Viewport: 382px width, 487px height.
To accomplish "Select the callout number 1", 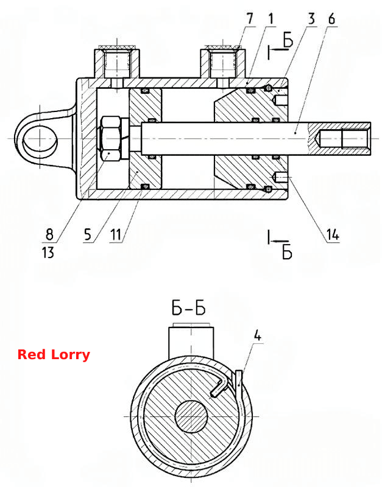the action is pyautogui.click(x=271, y=19).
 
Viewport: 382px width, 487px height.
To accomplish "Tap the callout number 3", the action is pyautogui.click(x=311, y=19).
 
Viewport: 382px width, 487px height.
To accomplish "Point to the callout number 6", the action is pyautogui.click(x=331, y=19).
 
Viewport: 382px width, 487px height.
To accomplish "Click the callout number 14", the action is pyautogui.click(x=332, y=235).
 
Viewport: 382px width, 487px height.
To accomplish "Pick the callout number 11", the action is pyautogui.click(x=116, y=235).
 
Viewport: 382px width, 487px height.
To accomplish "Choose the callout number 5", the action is pyautogui.click(x=88, y=235).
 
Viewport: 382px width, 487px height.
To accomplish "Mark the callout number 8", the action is pyautogui.click(x=49, y=234).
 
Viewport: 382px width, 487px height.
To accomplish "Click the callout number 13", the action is pyautogui.click(x=48, y=252).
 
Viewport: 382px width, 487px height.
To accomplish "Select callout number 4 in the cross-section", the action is pyautogui.click(x=258, y=336).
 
